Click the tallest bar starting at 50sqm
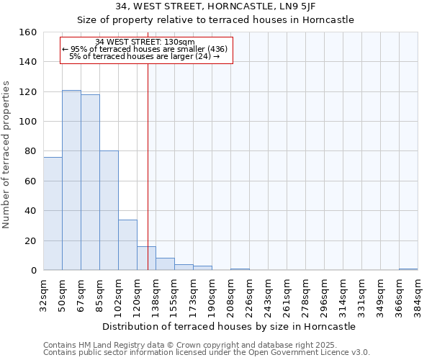71,180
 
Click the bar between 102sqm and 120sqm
127,245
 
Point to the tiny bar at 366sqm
408,269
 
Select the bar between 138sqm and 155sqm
165,264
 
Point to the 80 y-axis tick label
30,151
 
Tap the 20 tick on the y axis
30,240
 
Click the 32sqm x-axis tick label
44,294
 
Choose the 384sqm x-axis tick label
418,294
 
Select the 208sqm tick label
231,294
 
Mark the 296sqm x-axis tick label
325,294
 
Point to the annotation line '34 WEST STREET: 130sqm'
145,42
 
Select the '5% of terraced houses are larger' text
144,56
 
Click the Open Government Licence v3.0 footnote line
207,353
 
